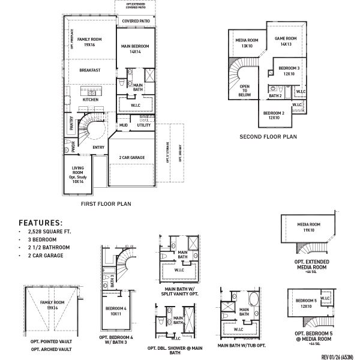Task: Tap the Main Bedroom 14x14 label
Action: tap(135, 49)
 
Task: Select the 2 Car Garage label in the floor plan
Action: tap(132, 157)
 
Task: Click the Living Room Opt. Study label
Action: tap(78, 175)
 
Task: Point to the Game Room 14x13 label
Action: tap(283, 41)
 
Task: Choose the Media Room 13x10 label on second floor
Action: tap(246, 43)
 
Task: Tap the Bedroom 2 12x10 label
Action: tap(274, 115)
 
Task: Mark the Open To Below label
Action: tap(245, 89)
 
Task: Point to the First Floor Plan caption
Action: tap(106, 204)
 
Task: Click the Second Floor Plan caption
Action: tap(268, 137)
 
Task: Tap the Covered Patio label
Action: tap(136, 21)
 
